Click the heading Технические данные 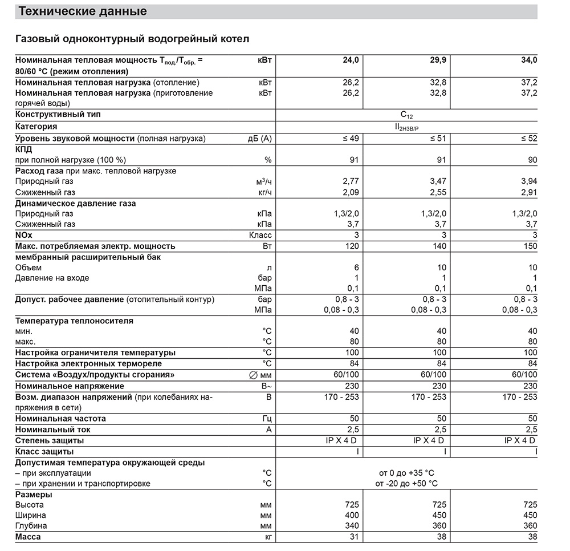[x=83, y=11]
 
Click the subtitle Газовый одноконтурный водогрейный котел [x=132, y=39]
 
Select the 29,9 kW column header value [x=438, y=60]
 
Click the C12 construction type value [x=406, y=115]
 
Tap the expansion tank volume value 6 [x=356, y=268]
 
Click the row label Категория [x=36, y=126]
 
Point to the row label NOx [x=25, y=235]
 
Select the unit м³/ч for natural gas [x=264, y=181]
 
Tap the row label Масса [x=28, y=537]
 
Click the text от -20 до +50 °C [x=406, y=484]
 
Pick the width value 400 [x=352, y=515]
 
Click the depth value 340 [x=352, y=526]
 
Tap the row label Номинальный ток [x=53, y=430]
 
